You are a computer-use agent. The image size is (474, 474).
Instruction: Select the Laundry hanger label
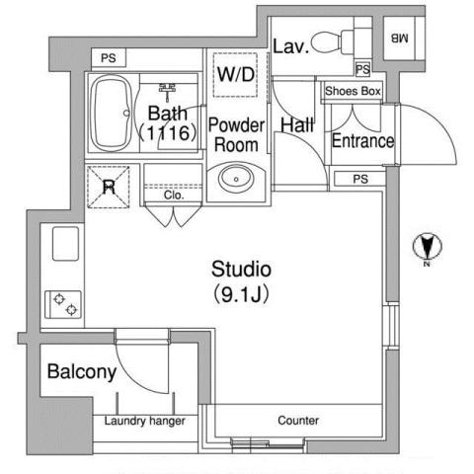click(145, 421)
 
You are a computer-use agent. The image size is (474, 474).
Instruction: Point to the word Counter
click(297, 421)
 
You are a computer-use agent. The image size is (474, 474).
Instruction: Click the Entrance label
click(361, 141)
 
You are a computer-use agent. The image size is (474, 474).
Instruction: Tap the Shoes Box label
click(352, 91)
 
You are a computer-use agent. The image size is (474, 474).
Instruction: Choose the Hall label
click(296, 125)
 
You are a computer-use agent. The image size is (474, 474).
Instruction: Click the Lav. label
click(291, 44)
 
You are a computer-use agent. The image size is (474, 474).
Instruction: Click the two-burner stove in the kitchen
click(65, 303)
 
